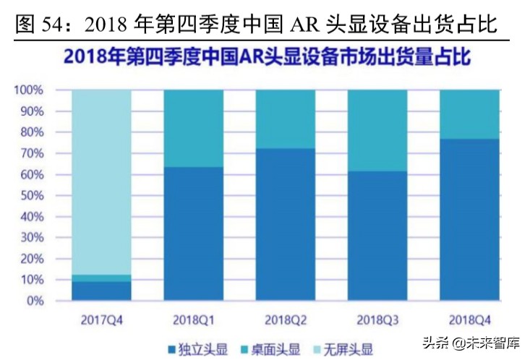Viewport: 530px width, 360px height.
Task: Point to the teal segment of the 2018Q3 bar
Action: [377, 130]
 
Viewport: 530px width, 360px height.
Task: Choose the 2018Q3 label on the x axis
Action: [377, 318]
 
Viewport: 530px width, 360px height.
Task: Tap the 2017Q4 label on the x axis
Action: [102, 318]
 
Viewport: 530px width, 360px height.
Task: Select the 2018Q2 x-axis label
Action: [285, 318]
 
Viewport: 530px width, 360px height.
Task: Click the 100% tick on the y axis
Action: [30, 90]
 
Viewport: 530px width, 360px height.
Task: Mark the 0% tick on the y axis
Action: [35, 300]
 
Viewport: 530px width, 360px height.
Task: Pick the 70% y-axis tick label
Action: [33, 153]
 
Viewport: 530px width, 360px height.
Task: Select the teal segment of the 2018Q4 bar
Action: [469, 114]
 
